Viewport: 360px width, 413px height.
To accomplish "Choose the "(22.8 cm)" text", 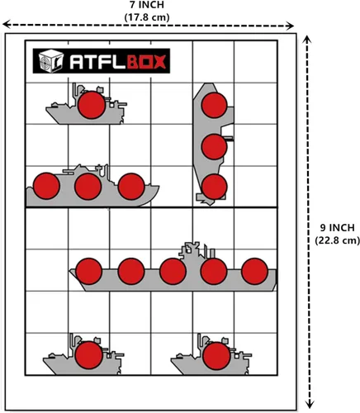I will tap(338, 240).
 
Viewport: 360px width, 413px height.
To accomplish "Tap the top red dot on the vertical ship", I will tap(215, 106).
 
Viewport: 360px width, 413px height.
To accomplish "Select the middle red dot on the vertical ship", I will tap(214, 145).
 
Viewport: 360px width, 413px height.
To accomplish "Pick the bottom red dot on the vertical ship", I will tap(214, 186).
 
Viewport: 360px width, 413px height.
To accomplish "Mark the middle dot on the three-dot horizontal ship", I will tap(87, 187).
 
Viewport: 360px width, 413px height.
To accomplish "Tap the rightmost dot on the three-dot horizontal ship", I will tap(130, 187).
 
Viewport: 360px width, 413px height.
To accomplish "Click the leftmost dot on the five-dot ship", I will tap(87, 271).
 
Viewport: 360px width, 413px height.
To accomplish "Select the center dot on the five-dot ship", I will tap(172, 271).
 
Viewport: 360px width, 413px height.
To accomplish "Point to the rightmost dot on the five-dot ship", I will tap(256, 271).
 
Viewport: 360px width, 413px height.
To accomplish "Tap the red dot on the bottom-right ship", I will tap(215, 356).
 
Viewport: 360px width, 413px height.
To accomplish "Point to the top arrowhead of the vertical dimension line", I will tap(310, 38).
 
